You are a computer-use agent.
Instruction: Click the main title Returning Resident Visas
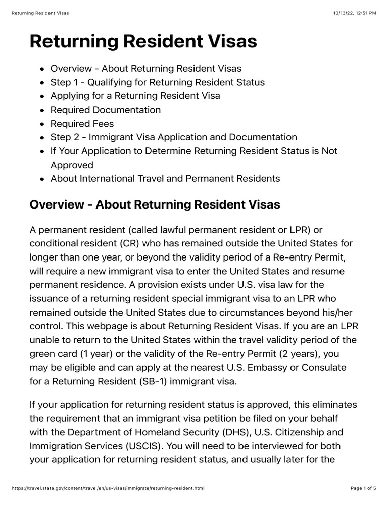pos(143,42)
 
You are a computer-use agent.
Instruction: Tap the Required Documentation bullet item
pos(105,110)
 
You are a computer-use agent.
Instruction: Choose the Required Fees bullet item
pos(82,124)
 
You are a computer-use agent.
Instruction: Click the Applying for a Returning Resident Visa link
pos(135,96)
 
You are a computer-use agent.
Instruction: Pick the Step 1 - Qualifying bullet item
pos(157,82)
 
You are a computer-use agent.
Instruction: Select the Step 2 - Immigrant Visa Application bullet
pos(173,137)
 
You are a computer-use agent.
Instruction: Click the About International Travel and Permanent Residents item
pos(165,179)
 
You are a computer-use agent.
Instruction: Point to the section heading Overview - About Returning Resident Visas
pos(155,205)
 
